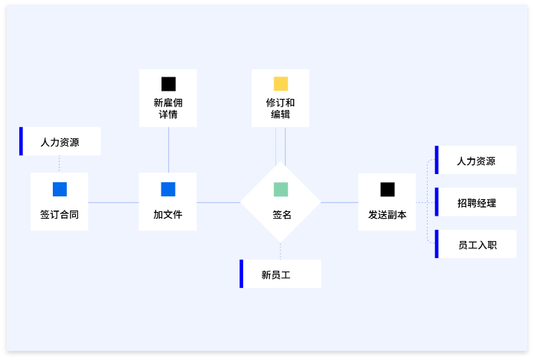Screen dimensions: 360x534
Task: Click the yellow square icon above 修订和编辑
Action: [x=280, y=83]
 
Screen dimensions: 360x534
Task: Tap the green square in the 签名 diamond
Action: [x=280, y=189]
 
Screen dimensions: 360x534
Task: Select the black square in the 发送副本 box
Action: [x=387, y=189]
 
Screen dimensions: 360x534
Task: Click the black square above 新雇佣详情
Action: [x=169, y=83]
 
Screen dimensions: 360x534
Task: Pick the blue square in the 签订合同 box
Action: [x=59, y=189]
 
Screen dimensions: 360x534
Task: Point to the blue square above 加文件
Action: [x=168, y=189]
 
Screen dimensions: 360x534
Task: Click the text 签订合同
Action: [x=59, y=215]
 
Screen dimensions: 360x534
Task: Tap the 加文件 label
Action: [x=168, y=215]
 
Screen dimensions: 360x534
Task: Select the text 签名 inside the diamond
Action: [x=282, y=215]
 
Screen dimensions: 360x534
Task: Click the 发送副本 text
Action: [x=387, y=215]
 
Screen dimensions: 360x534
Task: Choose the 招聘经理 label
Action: [x=477, y=202]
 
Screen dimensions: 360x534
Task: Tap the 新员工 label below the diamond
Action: [x=276, y=274]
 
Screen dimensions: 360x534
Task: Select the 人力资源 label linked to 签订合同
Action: [x=60, y=141]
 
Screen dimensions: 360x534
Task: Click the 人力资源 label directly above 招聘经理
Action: [x=476, y=161]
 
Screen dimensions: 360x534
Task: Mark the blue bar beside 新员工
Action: [x=241, y=274]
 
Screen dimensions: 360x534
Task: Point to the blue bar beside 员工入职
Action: [x=437, y=244]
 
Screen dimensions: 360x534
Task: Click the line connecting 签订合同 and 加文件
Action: [x=113, y=202]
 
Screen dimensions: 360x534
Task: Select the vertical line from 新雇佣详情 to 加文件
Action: [x=169, y=150]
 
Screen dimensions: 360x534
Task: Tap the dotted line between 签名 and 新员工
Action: [x=280, y=251]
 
